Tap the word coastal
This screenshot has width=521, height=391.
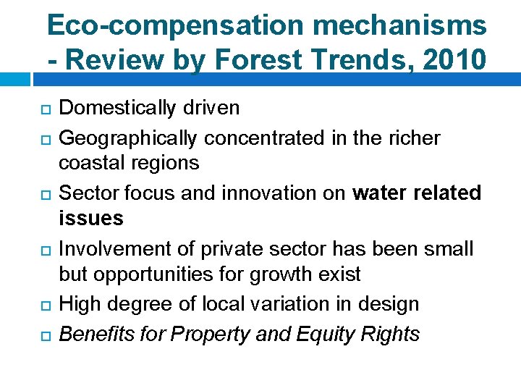[x=88, y=164]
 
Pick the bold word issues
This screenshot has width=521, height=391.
[x=90, y=219]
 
